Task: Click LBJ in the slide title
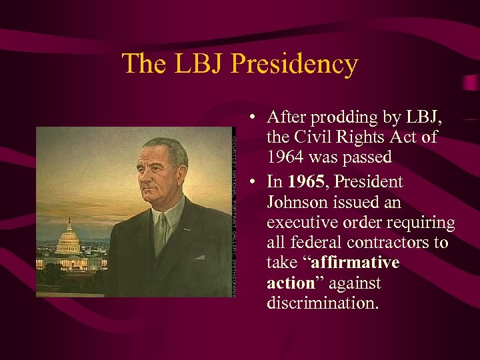pyautogui.click(x=201, y=65)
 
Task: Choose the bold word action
pyautogui.click(x=290, y=283)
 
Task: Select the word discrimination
pyautogui.click(x=321, y=304)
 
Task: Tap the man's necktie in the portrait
pyautogui.click(x=161, y=234)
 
